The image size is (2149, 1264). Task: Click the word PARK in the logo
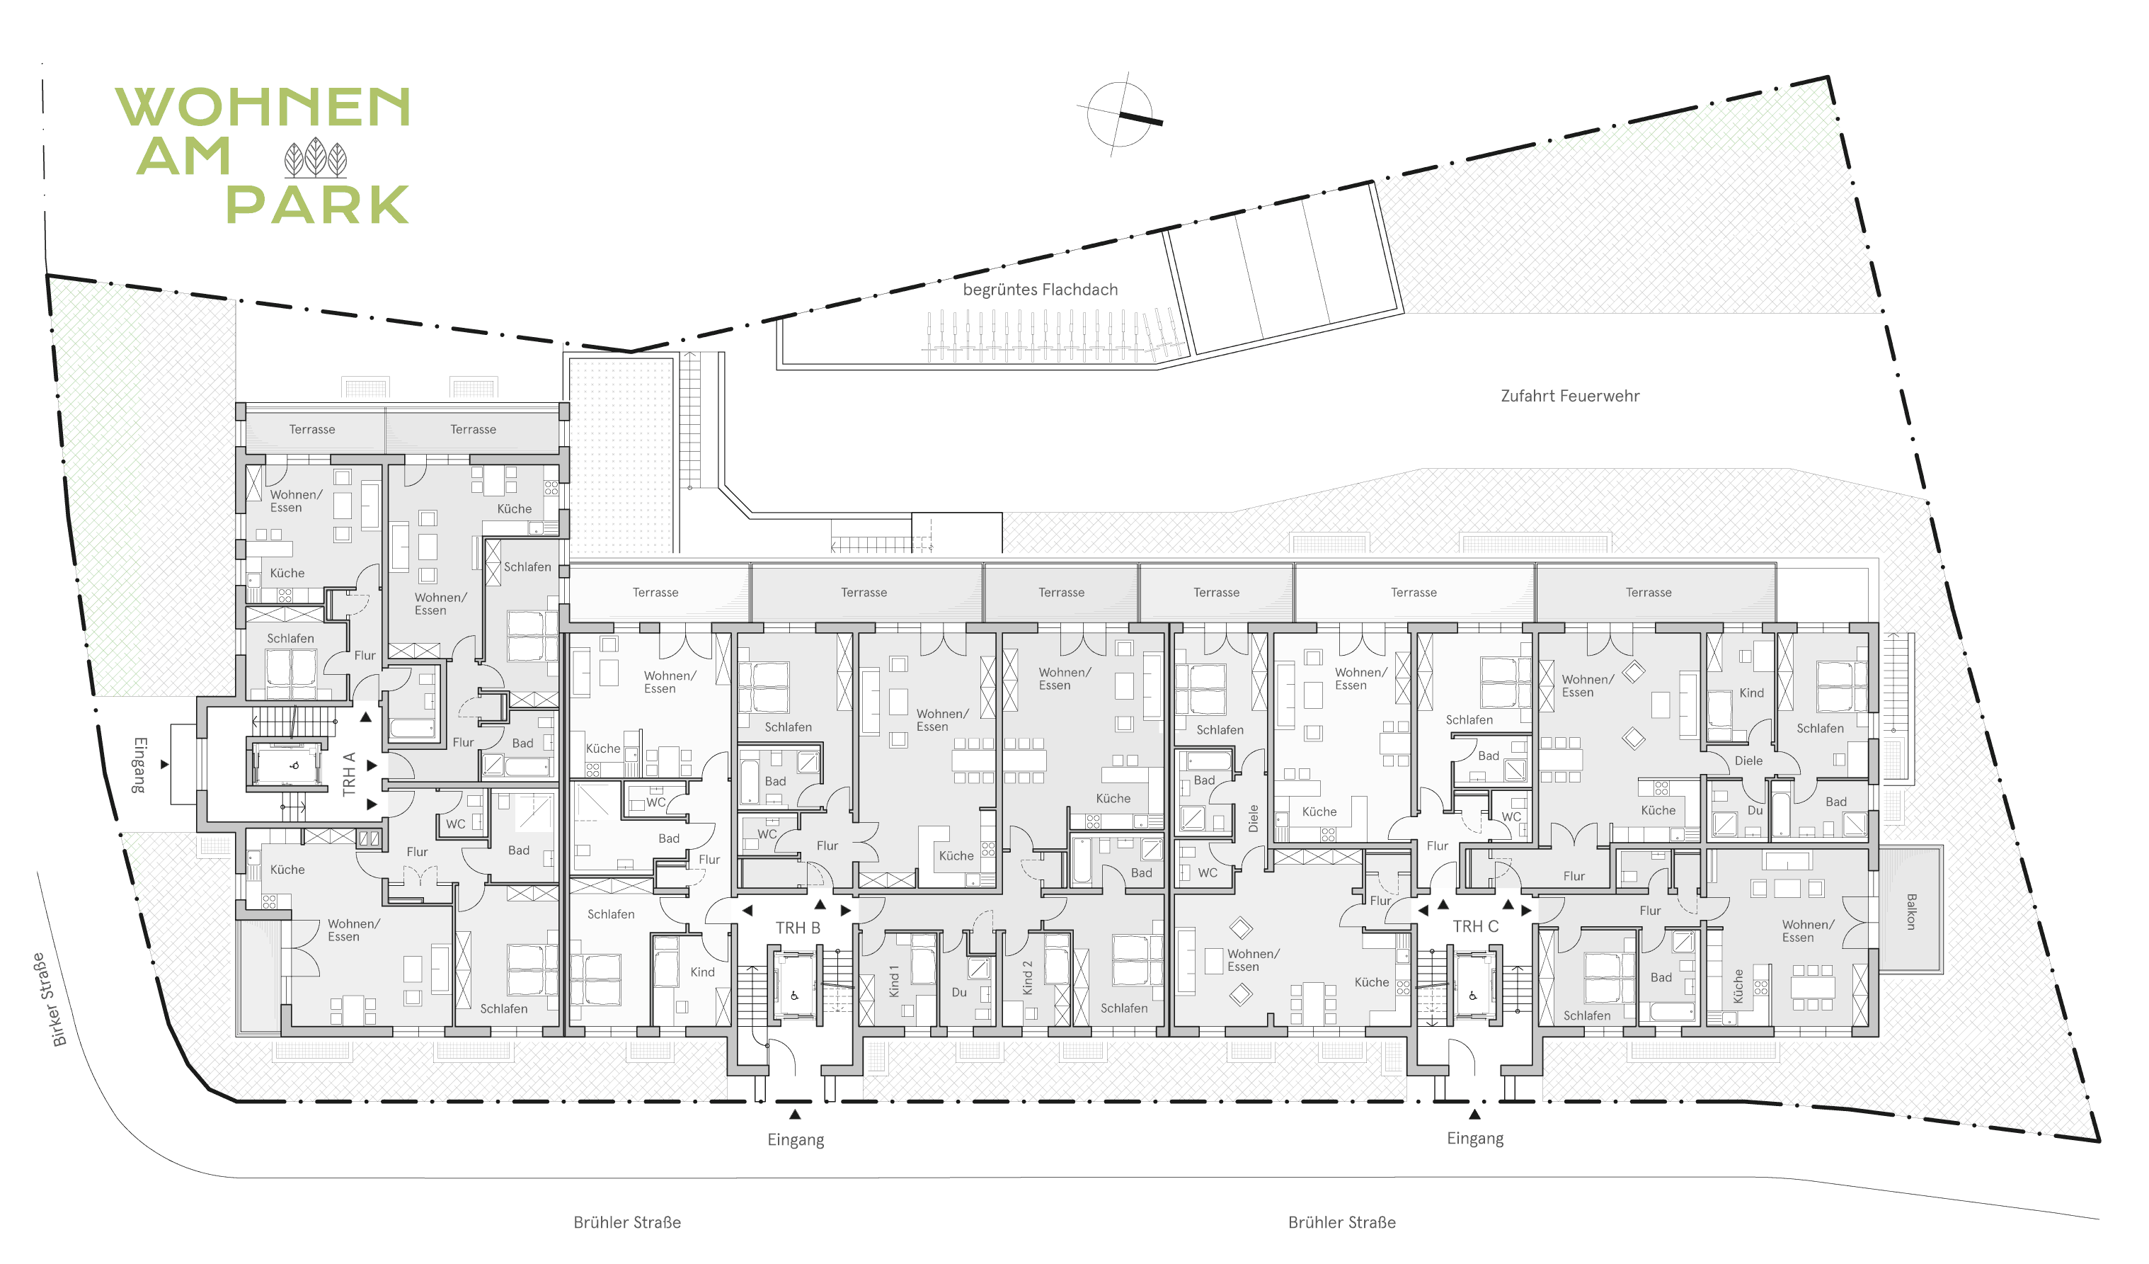pyautogui.click(x=318, y=205)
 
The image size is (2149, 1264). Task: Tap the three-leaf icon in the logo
pyautogui.click(x=316, y=158)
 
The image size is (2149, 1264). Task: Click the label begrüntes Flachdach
pyautogui.click(x=1041, y=290)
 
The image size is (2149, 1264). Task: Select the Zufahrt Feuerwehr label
pyautogui.click(x=1570, y=396)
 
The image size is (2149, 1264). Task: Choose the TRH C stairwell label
pyautogui.click(x=1475, y=926)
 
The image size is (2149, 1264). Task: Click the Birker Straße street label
pyautogui.click(x=50, y=1000)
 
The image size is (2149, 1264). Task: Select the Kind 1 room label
pyautogui.click(x=894, y=981)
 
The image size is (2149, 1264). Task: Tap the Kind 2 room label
pyautogui.click(x=1028, y=977)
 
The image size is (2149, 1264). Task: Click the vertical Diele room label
pyautogui.click(x=1254, y=818)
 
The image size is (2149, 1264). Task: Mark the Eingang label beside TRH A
pyautogui.click(x=139, y=765)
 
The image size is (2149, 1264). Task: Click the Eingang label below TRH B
pyautogui.click(x=796, y=1140)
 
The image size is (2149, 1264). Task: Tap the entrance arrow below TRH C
pyautogui.click(x=1474, y=1114)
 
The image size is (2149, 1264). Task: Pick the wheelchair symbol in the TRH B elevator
pyautogui.click(x=795, y=996)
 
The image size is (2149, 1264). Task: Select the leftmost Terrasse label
pyautogui.click(x=312, y=429)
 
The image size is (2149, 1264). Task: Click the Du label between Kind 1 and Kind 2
pyautogui.click(x=959, y=992)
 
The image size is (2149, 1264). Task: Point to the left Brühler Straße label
pyautogui.click(x=627, y=1222)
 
